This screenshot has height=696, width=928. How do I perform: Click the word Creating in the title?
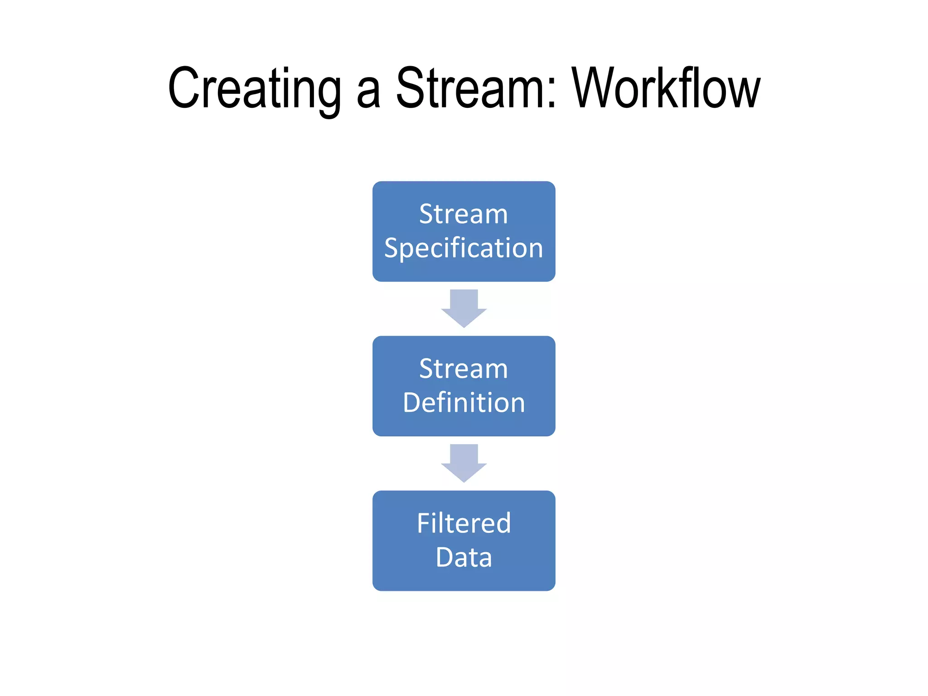point(254,88)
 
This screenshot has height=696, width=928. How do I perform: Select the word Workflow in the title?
point(666,88)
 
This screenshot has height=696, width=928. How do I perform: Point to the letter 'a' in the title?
point(368,93)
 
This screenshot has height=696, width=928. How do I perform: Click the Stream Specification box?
point(464,231)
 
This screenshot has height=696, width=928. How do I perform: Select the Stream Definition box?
point(464,386)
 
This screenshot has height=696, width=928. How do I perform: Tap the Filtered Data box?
point(464,541)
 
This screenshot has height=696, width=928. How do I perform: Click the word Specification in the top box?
point(464,248)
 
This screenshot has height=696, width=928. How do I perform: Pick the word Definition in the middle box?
point(464,402)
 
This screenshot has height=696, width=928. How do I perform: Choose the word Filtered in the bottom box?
point(464,523)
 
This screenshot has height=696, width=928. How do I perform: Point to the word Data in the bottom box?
point(464,557)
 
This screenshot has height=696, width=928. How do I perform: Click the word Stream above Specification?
point(464,214)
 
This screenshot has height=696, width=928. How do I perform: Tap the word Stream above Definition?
point(464,368)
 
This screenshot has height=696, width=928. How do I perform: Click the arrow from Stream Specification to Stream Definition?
point(464,308)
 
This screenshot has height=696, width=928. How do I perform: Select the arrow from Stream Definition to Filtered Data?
point(464,463)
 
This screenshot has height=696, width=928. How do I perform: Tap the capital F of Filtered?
point(424,523)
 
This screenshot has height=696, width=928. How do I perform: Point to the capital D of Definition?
point(412,402)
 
